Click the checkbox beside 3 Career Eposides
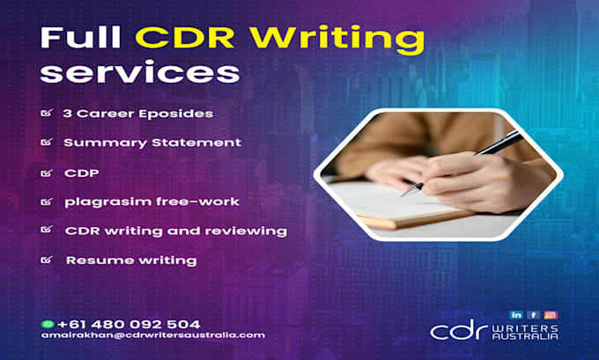click(x=46, y=114)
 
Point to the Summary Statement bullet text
click(x=152, y=143)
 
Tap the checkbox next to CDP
click(x=46, y=173)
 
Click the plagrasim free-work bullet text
click(x=151, y=202)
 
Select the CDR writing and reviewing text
click(x=175, y=231)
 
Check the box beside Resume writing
click(x=46, y=261)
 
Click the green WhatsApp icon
click(x=47, y=324)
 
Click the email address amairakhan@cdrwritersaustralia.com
click(x=152, y=335)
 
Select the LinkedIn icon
click(x=515, y=314)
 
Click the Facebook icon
click(x=533, y=314)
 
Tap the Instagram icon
click(x=551, y=314)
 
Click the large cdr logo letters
click(x=461, y=331)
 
